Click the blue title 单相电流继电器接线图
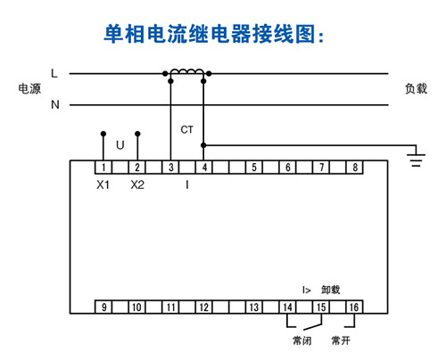click(x=211, y=34)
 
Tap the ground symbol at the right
click(x=416, y=159)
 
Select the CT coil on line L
click(x=187, y=71)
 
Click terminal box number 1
click(x=103, y=168)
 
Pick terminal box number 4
click(x=204, y=168)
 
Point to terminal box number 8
click(x=355, y=168)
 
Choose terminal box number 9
click(x=103, y=307)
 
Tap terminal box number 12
click(x=204, y=307)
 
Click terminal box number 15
click(x=321, y=307)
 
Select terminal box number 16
click(x=355, y=307)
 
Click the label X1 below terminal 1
click(x=103, y=185)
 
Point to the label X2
click(x=137, y=185)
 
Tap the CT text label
click(x=187, y=129)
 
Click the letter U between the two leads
click(x=120, y=145)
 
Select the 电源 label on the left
click(x=29, y=88)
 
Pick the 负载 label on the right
click(x=416, y=88)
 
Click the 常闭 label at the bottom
click(x=301, y=340)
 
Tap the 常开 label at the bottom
click(x=341, y=340)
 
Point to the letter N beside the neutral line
click(x=55, y=104)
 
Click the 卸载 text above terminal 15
click(x=330, y=290)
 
